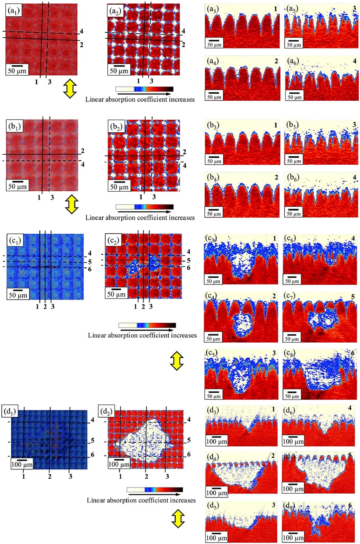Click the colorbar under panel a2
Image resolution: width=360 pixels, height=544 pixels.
tap(144, 89)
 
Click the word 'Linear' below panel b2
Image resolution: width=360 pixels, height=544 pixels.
tap(94, 218)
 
